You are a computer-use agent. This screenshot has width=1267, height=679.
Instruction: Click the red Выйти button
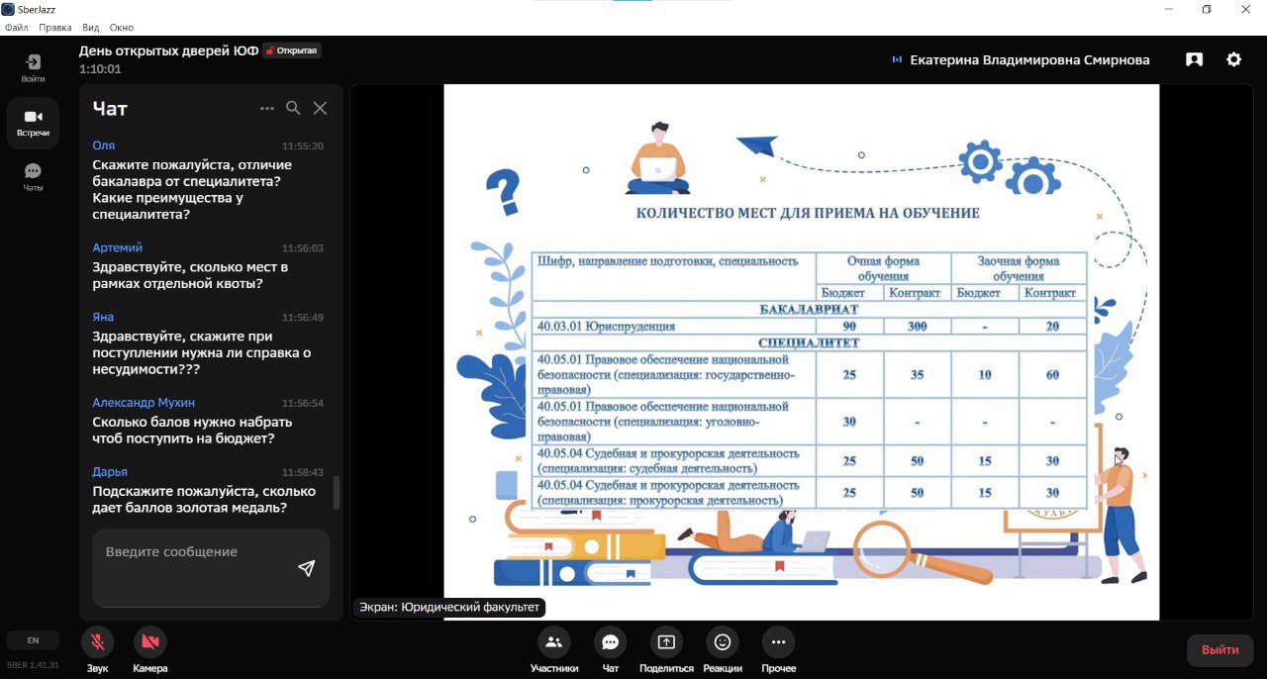(x=1220, y=649)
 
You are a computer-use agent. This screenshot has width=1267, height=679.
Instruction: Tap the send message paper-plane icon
(x=307, y=568)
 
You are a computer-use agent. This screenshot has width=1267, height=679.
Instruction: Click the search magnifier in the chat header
(x=293, y=108)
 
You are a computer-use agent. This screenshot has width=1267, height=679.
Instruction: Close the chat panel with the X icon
(x=320, y=108)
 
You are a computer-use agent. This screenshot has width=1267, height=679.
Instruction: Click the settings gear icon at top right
(x=1233, y=59)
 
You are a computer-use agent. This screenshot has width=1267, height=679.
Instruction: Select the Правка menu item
(x=54, y=27)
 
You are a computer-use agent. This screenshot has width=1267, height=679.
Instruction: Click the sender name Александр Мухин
(x=144, y=402)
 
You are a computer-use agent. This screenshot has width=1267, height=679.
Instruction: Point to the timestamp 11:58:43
(x=303, y=472)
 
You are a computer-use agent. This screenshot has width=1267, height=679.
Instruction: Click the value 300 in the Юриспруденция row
(x=917, y=326)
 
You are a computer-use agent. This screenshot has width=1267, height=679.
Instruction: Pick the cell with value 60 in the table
(x=1052, y=374)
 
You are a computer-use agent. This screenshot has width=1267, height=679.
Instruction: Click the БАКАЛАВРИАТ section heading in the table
(x=809, y=310)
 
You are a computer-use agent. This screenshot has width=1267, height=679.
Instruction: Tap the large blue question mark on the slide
(x=504, y=193)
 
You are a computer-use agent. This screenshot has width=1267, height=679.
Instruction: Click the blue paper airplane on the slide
(x=757, y=145)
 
